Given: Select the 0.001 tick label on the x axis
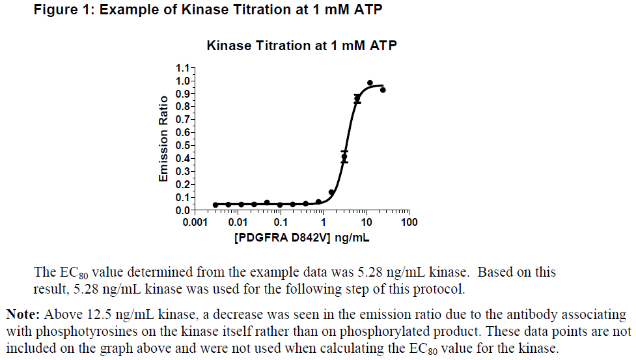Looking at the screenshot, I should point(195,223).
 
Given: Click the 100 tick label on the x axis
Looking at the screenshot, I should point(409,223).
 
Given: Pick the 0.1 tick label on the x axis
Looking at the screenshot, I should point(280,223).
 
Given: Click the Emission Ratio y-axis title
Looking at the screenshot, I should point(164,139).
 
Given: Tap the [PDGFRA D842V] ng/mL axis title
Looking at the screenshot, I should point(301,238).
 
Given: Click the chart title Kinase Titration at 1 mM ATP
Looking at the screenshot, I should point(301,46).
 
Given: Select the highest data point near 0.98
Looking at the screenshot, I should point(370,83).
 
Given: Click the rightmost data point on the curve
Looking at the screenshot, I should point(383,90).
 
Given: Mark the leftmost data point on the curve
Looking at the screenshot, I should point(215,204).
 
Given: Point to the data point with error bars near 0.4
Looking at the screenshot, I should point(344,156).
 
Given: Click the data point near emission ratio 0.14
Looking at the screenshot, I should point(331,192).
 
